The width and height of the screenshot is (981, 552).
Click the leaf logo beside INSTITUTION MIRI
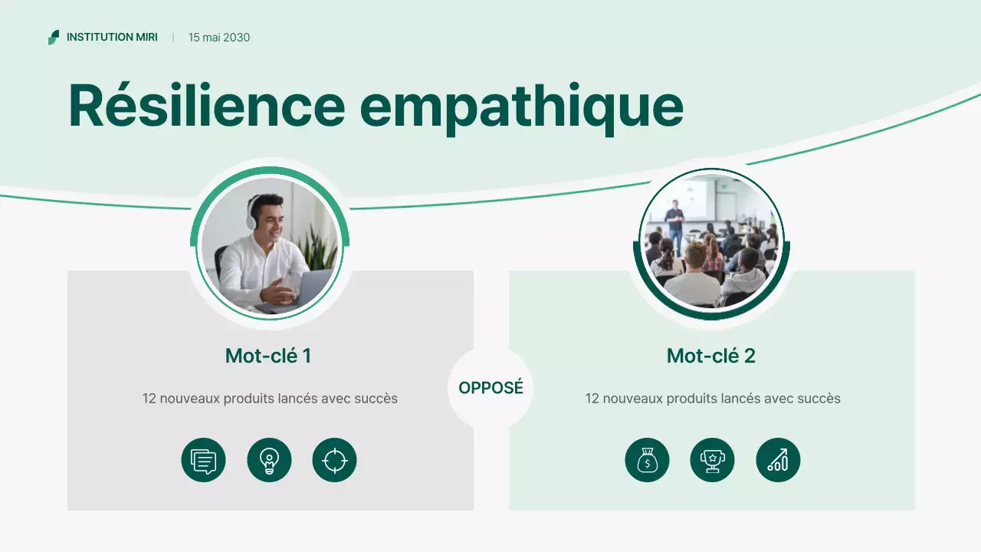pos(54,37)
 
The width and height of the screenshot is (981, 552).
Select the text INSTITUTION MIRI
pos(112,37)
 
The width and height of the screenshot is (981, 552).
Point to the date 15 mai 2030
pos(219,38)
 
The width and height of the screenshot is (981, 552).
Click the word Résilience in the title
pos(206,105)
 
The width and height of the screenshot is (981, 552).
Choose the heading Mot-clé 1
pos(268,356)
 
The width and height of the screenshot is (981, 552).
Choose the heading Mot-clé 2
pos(711,356)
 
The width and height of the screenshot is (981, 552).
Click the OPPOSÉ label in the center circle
pos(490,388)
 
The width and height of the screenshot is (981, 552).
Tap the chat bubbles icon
pos(203,461)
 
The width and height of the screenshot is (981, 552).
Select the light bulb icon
pos(269,461)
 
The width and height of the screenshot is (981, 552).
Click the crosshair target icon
pos(334,461)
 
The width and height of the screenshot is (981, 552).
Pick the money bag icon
pos(647,461)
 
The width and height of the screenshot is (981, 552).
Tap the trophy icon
pos(712,461)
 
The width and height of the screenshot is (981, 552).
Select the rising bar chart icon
pos(778,461)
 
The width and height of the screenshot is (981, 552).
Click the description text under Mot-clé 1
pos(270,399)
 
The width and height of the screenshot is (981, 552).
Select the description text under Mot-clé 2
pos(713,399)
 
